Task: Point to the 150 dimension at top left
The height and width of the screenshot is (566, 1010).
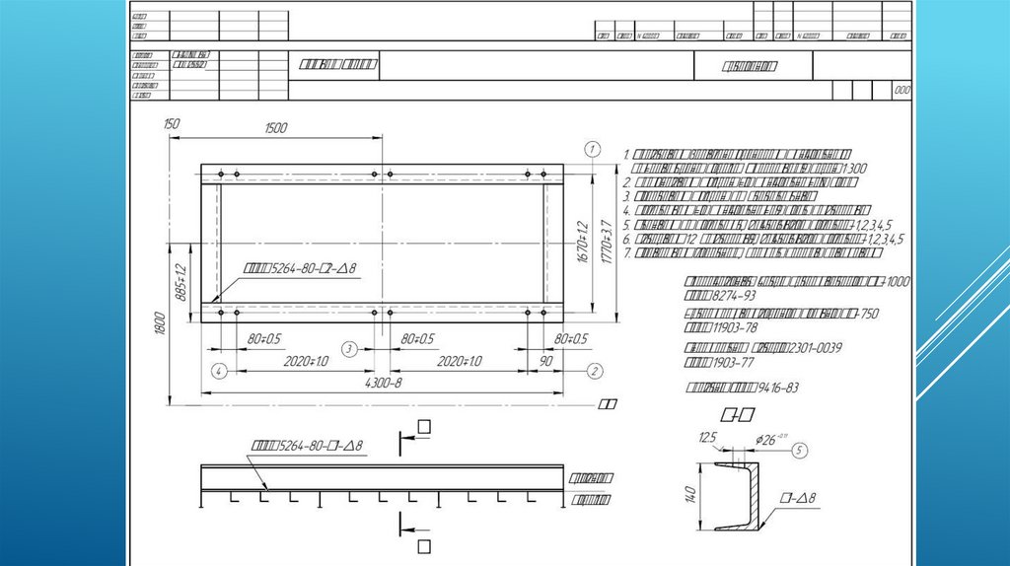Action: [172, 123]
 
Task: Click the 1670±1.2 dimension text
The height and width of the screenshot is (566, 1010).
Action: [583, 240]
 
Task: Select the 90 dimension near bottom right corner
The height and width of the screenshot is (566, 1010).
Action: [546, 363]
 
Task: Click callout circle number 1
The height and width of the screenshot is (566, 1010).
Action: [592, 149]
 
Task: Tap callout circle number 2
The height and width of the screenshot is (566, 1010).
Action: [594, 371]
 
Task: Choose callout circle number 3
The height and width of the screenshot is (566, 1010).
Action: [349, 349]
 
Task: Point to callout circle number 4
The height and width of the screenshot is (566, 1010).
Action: [219, 371]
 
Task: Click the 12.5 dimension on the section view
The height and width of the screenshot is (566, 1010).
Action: [706, 438]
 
